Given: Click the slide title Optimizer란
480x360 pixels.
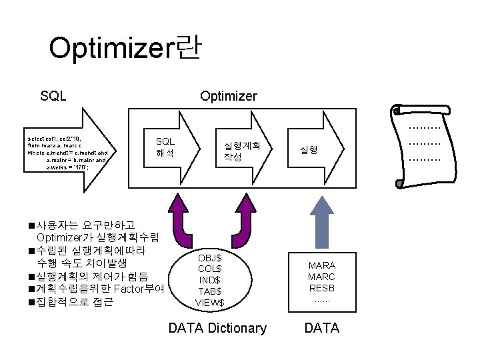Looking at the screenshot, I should click(125, 48).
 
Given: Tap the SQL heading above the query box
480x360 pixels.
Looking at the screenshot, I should click(53, 96).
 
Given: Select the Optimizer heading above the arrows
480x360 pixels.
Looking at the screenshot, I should click(229, 96).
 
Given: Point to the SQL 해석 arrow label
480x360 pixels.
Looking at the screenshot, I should click(165, 147).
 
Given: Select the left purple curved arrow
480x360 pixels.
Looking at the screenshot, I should click(178, 217).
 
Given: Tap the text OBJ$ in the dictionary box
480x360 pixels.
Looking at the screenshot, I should click(210, 257).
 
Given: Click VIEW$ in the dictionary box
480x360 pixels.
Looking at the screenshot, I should click(210, 303).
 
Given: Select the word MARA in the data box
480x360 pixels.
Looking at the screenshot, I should click(321, 265).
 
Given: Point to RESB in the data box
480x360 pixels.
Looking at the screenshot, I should click(321, 288).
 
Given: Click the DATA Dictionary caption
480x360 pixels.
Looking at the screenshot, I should click(217, 327).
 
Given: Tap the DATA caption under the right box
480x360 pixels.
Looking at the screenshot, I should click(321, 327).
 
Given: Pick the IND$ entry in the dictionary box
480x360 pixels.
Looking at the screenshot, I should click(210, 280).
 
